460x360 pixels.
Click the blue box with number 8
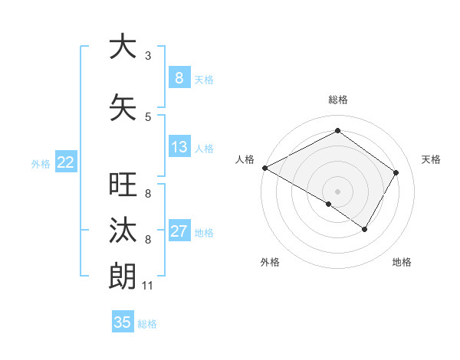pyautogui.click(x=179, y=77)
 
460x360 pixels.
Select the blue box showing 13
pyautogui.click(x=179, y=147)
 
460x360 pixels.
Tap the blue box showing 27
pyautogui.click(x=179, y=232)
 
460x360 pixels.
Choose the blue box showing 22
pyautogui.click(x=66, y=162)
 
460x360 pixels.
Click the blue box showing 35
pyautogui.click(x=123, y=322)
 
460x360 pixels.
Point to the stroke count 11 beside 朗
pyautogui.click(x=148, y=286)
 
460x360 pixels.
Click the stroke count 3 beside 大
pyautogui.click(x=148, y=56)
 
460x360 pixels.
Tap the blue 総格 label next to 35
pyautogui.click(x=147, y=324)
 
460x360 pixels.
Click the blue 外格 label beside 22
pyautogui.click(x=41, y=164)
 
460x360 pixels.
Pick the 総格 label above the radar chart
pyautogui.click(x=337, y=100)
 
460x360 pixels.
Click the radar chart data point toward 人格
pyautogui.click(x=264, y=168)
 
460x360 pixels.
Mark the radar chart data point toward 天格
pyautogui.click(x=396, y=172)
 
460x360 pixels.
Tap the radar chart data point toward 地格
pyautogui.click(x=365, y=229)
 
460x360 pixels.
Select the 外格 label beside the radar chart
pyautogui.click(x=270, y=262)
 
